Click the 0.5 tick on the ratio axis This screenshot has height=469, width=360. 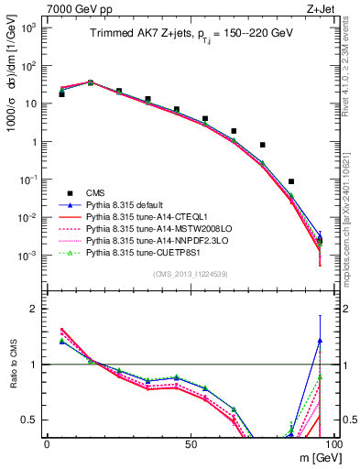pos(31,420)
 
